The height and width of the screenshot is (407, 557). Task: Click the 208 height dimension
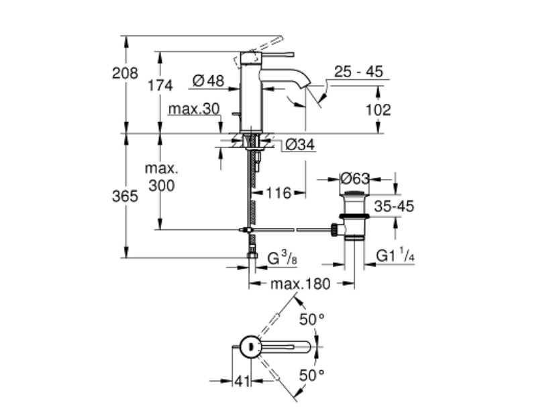[x=125, y=73]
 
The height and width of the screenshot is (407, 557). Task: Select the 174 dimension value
[x=160, y=86]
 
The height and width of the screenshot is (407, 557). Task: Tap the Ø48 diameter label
[x=209, y=81]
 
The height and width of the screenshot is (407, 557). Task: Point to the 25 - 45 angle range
[x=359, y=72]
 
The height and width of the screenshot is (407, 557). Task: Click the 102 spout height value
[x=378, y=110]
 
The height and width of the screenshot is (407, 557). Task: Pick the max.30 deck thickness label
[x=195, y=109]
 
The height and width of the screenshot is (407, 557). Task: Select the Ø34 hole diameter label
[x=300, y=145]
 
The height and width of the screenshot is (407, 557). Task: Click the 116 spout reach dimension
[x=278, y=193]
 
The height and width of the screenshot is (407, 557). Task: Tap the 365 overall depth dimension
[x=125, y=196]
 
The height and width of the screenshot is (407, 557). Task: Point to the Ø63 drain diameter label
[x=355, y=178]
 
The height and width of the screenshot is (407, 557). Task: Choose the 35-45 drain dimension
[x=394, y=206]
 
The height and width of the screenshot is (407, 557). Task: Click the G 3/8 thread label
[x=283, y=258]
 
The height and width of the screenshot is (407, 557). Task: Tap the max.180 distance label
[x=301, y=284]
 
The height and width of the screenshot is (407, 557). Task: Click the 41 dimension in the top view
[x=242, y=382]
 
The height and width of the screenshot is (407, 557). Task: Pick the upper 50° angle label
[x=312, y=320]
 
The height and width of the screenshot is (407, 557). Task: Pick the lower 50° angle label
[x=312, y=375]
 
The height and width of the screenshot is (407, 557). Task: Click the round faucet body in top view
[x=250, y=347]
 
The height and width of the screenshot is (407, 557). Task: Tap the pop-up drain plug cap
[x=354, y=193]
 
